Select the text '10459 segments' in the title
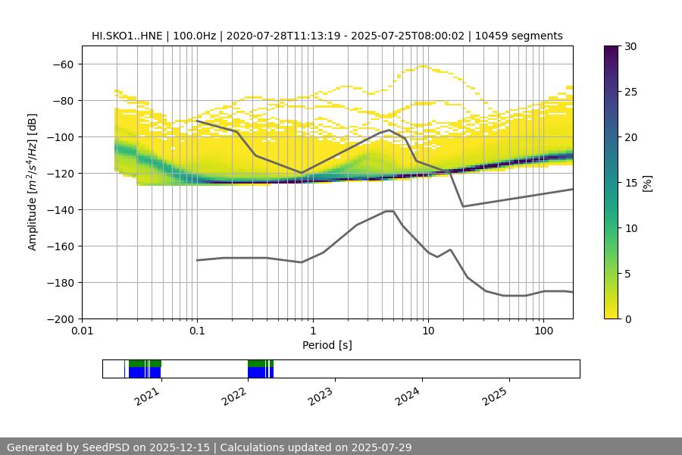pyautogui.click(x=524, y=36)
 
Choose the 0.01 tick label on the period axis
pyautogui.click(x=82, y=331)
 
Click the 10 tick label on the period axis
pyautogui.click(x=428, y=331)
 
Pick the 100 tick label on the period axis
pyautogui.click(x=543, y=331)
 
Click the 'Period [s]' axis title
pyautogui.click(x=327, y=345)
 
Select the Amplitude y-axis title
pyautogui.click(x=33, y=182)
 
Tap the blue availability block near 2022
pyautogui.click(x=258, y=372)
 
